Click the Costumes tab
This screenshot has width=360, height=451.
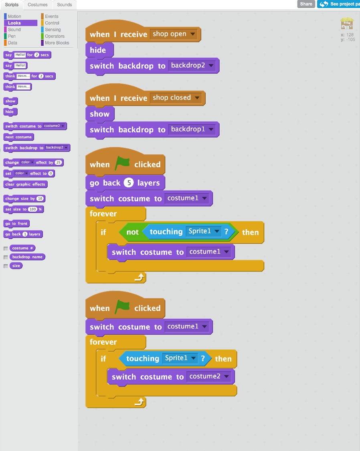click(37, 5)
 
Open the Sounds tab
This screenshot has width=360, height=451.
click(64, 5)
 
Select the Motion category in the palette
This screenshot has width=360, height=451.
click(14, 16)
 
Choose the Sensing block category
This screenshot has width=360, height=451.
click(53, 30)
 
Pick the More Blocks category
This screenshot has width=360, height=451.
click(57, 43)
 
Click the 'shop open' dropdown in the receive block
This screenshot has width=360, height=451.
click(174, 34)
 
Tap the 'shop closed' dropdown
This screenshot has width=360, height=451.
click(176, 98)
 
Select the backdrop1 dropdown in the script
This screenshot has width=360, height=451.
click(192, 129)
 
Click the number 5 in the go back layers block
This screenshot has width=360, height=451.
click(128, 183)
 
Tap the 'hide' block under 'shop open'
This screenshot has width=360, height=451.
click(98, 50)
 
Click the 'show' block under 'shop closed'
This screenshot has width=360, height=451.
click(99, 114)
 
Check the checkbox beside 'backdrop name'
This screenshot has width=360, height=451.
click(6, 257)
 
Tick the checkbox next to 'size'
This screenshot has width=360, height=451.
click(6, 266)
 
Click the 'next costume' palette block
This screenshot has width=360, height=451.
click(18, 137)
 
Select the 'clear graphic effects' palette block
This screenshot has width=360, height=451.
click(25, 184)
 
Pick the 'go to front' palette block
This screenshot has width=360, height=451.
click(16, 224)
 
